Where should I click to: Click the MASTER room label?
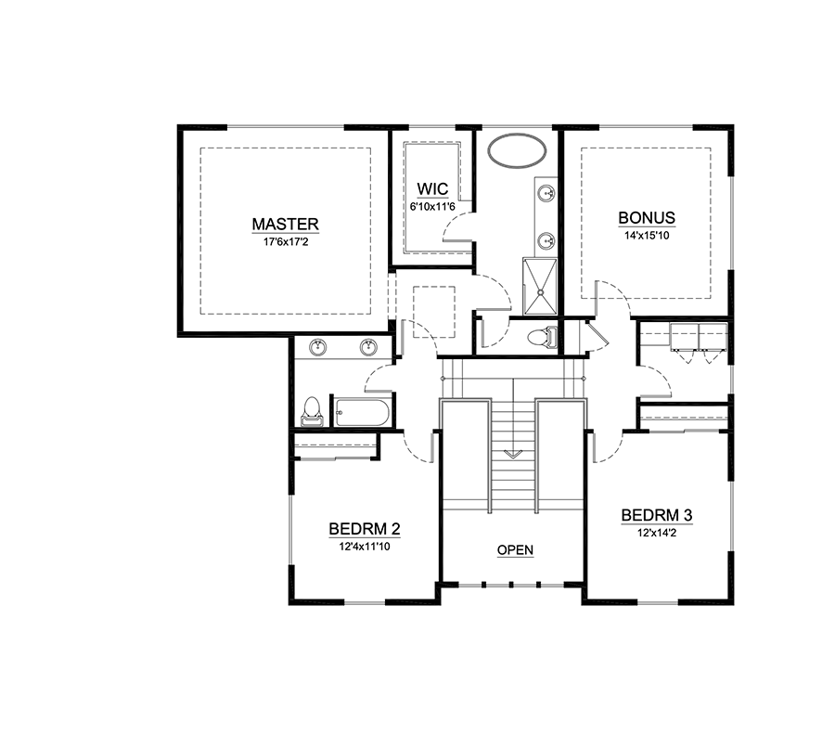click(x=286, y=224)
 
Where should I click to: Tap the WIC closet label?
click(x=433, y=189)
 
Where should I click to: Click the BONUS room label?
click(x=647, y=219)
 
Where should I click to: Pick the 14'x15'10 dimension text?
click(x=647, y=235)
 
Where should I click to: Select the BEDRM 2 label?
click(x=365, y=529)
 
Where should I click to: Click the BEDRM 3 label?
click(x=657, y=515)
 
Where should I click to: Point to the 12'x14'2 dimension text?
click(x=657, y=532)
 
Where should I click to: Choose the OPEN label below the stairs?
click(x=515, y=550)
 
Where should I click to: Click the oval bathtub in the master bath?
click(x=517, y=151)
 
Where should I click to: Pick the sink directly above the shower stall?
click(x=547, y=240)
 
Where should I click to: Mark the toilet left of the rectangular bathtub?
click(x=313, y=410)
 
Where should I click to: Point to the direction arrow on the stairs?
click(x=514, y=454)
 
